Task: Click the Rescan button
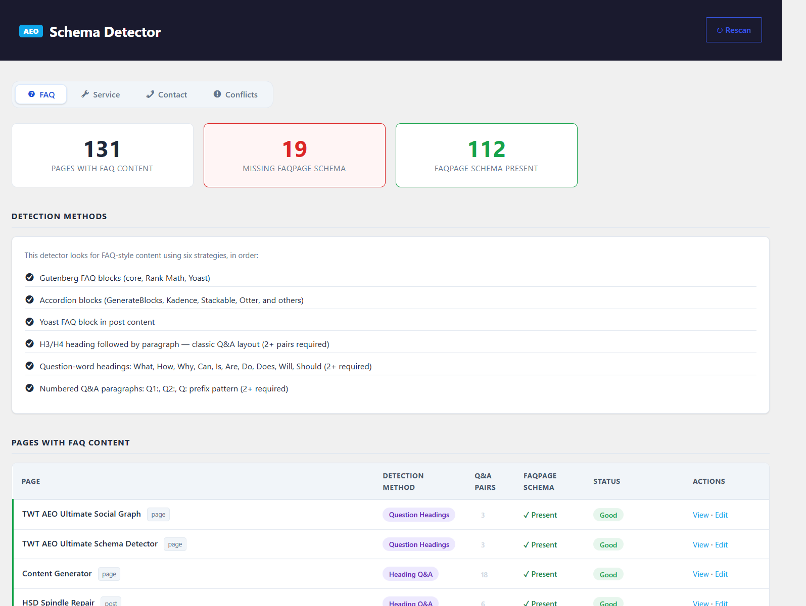point(733,30)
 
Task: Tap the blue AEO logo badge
point(31,31)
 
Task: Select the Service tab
point(100,94)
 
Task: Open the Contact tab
point(166,94)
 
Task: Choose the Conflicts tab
point(235,94)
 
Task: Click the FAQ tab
point(41,94)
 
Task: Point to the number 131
point(102,149)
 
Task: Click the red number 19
point(295,149)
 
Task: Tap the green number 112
point(487,149)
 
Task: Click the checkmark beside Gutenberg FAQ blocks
point(30,277)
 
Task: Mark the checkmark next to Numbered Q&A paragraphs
point(30,388)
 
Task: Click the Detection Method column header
point(403,481)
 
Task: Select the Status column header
point(606,481)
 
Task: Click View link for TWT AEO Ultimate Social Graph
point(700,515)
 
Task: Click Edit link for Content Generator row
point(721,574)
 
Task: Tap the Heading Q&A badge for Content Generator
point(410,574)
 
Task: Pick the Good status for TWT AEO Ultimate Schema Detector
point(608,545)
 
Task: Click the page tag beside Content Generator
point(109,574)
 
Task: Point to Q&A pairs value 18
point(484,575)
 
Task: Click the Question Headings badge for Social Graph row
point(418,515)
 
